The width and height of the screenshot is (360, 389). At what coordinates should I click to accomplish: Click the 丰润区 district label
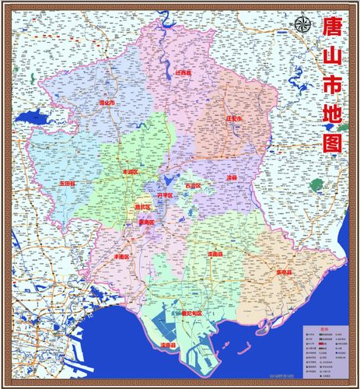[130, 171]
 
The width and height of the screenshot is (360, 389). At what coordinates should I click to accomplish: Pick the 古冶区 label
[192, 186]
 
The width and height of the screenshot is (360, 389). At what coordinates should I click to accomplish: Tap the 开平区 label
[165, 195]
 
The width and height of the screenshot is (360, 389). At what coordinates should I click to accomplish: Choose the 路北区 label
[142, 208]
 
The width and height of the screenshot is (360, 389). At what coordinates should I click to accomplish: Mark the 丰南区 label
[122, 256]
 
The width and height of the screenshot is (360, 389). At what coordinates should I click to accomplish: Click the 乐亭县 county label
[284, 273]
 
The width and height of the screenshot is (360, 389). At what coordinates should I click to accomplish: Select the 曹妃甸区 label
[190, 313]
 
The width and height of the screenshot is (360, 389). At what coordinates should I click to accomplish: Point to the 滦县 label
[231, 177]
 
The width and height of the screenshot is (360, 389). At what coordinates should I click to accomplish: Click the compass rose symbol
[302, 23]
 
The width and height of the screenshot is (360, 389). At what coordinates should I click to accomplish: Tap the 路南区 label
[145, 223]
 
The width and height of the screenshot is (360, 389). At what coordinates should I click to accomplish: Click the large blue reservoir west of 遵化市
[35, 119]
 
